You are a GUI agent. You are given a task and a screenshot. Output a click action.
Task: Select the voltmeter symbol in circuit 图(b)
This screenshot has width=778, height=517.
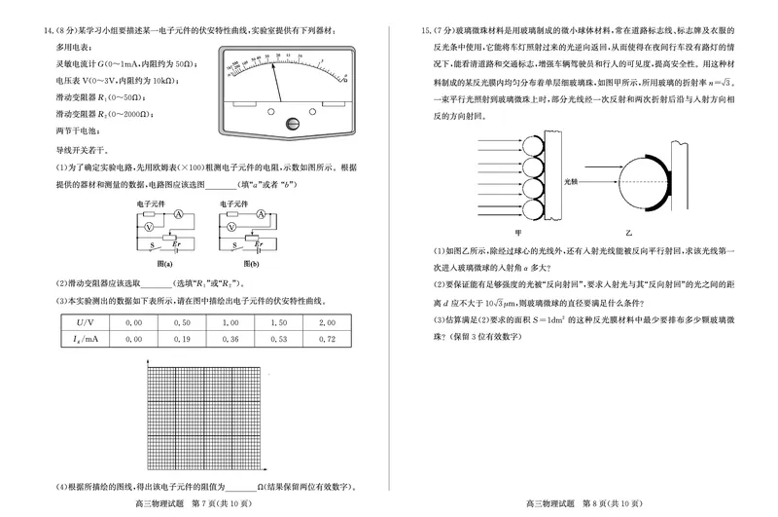point(230,225)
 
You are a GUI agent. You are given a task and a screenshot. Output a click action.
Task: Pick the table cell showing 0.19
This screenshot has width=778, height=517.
point(182,340)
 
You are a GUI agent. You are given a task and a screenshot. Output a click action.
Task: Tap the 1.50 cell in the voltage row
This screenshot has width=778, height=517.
point(277,322)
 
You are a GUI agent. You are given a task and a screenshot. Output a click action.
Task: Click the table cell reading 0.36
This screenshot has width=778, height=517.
point(230,340)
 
